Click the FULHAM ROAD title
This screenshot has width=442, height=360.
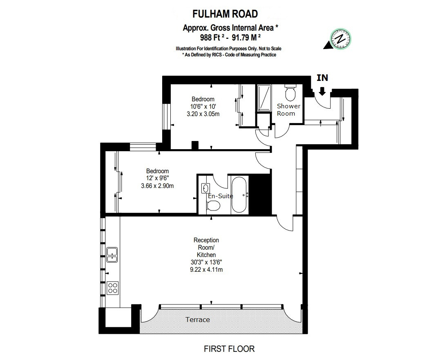pyautogui.click(x=225, y=14)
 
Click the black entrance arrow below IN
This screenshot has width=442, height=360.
pyautogui.click(x=322, y=91)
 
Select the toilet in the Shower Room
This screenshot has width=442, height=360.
pyautogui.click(x=290, y=94)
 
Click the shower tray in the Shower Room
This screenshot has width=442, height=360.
pyautogui.click(x=264, y=98)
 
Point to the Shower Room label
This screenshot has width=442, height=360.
pyautogui.click(x=288, y=110)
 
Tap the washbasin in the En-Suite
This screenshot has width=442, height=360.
pyautogui.click(x=205, y=188)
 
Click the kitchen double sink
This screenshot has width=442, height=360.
pyautogui.click(x=112, y=254)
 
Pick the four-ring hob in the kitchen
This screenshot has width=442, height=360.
pyautogui.click(x=112, y=288)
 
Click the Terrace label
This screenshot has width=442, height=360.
pyautogui.click(x=198, y=320)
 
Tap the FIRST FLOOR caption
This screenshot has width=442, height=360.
pyautogui.click(x=229, y=349)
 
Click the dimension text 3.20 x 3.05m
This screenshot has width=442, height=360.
pyautogui.click(x=203, y=114)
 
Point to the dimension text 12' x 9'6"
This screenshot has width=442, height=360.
pyautogui.click(x=157, y=179)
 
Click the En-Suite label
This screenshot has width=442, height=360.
pyautogui.click(x=221, y=196)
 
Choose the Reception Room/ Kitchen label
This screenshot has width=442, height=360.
pyautogui.click(x=206, y=248)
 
